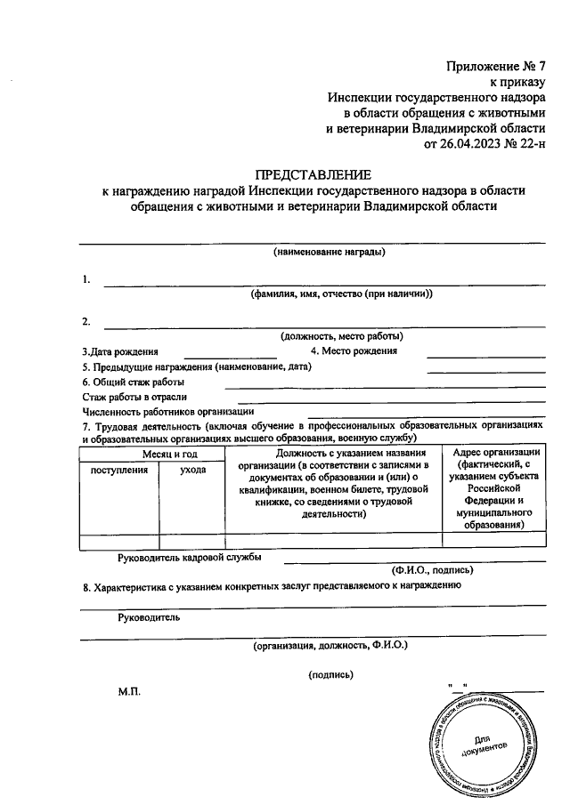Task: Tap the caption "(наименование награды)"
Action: [330, 252]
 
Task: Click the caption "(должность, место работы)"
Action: [341, 336]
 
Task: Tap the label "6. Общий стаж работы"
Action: [129, 381]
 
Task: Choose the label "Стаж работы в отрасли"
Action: [134, 397]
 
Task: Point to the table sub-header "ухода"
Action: [191, 469]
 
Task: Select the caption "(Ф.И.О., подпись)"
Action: [432, 569]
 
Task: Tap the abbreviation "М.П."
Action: [129, 690]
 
